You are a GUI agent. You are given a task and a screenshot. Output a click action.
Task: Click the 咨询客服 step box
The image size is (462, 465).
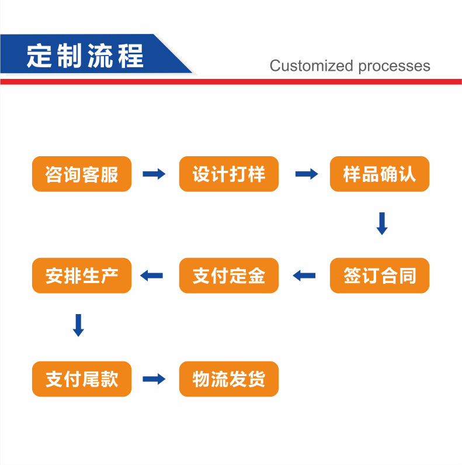[x=82, y=174]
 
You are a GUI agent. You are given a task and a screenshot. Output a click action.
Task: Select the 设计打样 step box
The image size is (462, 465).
[x=229, y=174]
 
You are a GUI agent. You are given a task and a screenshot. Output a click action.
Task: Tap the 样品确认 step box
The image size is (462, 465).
[x=380, y=174]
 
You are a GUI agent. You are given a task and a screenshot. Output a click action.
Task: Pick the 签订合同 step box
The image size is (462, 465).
[x=380, y=275]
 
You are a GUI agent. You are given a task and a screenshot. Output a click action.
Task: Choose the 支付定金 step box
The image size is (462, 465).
[x=229, y=275]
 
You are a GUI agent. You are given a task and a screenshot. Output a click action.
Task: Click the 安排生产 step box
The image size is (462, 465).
[x=82, y=275]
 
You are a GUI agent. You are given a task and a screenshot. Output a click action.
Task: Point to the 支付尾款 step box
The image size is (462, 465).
[x=82, y=379]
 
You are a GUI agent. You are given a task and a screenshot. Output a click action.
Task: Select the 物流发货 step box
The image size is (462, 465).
[x=229, y=379]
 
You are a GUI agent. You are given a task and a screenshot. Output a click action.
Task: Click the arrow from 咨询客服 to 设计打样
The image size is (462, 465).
[x=154, y=174]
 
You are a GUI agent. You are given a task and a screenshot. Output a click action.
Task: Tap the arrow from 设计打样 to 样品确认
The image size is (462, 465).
[x=307, y=174]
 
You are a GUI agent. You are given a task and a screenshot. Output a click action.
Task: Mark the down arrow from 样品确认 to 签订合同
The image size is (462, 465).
[x=382, y=223]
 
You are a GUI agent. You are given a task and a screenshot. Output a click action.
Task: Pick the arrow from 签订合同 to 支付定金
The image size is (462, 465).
[x=304, y=275]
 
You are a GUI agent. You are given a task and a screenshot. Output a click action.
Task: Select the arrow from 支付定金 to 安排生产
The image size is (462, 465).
[x=152, y=275]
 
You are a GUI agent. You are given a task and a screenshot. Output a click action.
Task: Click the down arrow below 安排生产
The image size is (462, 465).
[x=78, y=325]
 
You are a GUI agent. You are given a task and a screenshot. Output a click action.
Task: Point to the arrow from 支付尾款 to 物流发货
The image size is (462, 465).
[x=154, y=379]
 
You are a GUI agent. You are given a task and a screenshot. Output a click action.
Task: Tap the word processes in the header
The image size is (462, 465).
[x=394, y=66]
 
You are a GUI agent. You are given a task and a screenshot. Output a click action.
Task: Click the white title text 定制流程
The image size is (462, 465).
[x=85, y=56]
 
